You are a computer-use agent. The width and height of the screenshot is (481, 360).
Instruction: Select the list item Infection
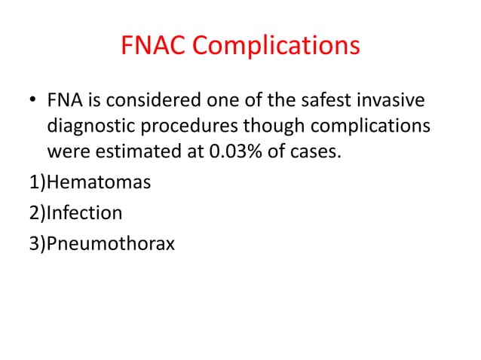point(84,213)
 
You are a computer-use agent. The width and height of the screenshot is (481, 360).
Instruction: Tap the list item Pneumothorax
point(111,243)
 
